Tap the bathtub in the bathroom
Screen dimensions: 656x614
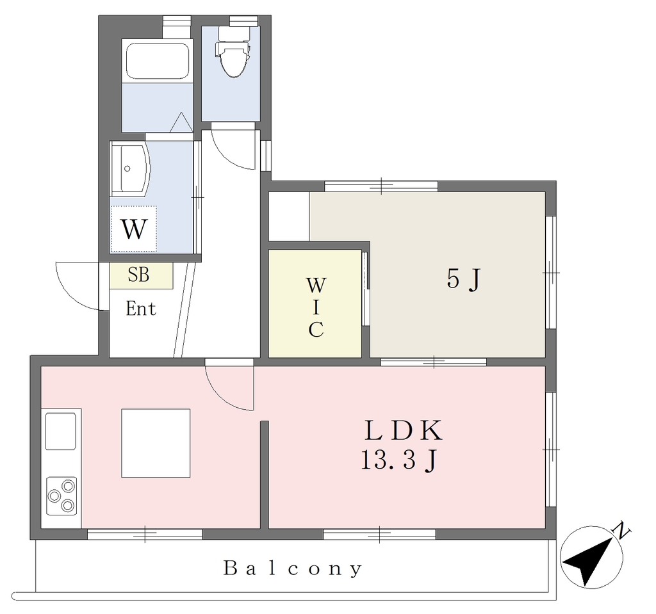158,61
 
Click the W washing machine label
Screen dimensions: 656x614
134,229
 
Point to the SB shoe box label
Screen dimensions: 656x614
138,275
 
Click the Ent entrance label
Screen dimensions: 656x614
141,309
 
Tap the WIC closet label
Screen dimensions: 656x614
316,307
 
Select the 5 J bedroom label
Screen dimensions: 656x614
464,279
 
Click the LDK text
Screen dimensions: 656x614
404,431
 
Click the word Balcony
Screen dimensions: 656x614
293,569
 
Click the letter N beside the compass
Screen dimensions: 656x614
621,530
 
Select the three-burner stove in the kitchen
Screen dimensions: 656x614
61,496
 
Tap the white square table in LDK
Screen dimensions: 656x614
156,443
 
